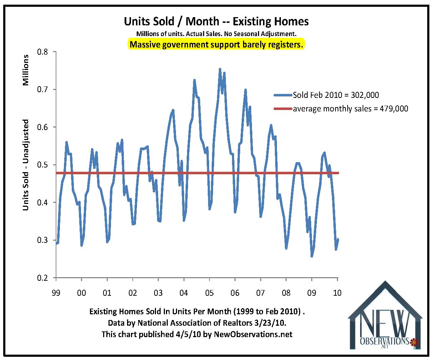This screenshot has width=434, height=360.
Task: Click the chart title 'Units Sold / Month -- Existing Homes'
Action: [216, 21]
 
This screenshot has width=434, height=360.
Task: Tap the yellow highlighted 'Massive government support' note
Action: [216, 45]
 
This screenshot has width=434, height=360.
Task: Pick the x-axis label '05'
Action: [209, 292]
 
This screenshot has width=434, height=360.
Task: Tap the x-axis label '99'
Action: [56, 292]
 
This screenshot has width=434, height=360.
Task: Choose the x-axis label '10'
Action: [337, 292]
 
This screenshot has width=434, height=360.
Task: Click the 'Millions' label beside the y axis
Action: [26, 70]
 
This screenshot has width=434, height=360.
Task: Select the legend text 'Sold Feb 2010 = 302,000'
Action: [335, 95]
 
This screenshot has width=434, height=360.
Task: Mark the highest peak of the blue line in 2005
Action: [220, 69]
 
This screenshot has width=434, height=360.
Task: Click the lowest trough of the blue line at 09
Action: [312, 256]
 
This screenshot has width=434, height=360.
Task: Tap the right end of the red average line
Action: [338, 173]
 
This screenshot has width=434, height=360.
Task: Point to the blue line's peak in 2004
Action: [194, 80]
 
